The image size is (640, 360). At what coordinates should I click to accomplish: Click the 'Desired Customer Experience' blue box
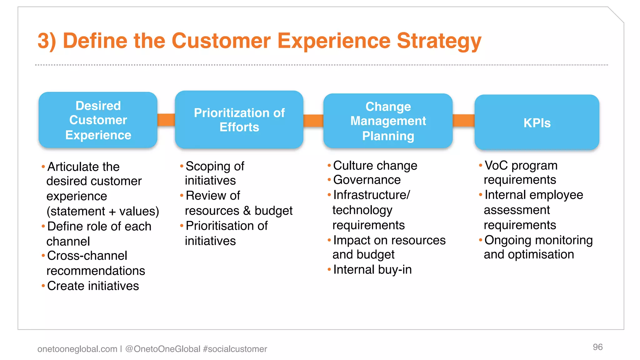(x=98, y=120)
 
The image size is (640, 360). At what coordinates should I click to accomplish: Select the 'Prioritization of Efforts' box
(x=239, y=120)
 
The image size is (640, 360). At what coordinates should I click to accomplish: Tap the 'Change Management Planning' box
(x=388, y=121)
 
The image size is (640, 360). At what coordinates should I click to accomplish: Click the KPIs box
(x=537, y=122)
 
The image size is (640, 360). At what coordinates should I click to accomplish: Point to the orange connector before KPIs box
(x=463, y=121)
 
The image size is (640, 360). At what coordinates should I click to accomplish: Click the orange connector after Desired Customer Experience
(x=166, y=120)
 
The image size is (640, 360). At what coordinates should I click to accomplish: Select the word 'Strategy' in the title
(x=439, y=41)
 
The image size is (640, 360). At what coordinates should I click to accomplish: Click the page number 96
(x=597, y=347)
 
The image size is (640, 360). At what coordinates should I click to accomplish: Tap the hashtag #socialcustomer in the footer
(x=235, y=349)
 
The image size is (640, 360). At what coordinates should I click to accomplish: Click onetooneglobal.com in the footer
(x=77, y=349)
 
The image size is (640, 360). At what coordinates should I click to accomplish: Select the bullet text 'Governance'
(x=367, y=180)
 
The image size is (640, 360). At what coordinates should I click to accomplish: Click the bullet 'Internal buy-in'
(x=372, y=270)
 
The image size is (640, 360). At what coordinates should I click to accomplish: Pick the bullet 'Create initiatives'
(x=93, y=286)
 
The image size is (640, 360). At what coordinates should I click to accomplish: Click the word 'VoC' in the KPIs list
(x=496, y=166)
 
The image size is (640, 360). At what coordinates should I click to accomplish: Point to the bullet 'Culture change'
(x=375, y=166)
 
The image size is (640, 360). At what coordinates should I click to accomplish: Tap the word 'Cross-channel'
(x=87, y=256)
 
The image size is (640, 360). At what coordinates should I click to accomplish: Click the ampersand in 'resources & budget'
(x=247, y=211)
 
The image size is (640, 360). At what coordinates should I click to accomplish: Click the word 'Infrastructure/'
(x=372, y=195)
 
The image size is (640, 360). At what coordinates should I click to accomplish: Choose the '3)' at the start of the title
(x=47, y=41)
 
